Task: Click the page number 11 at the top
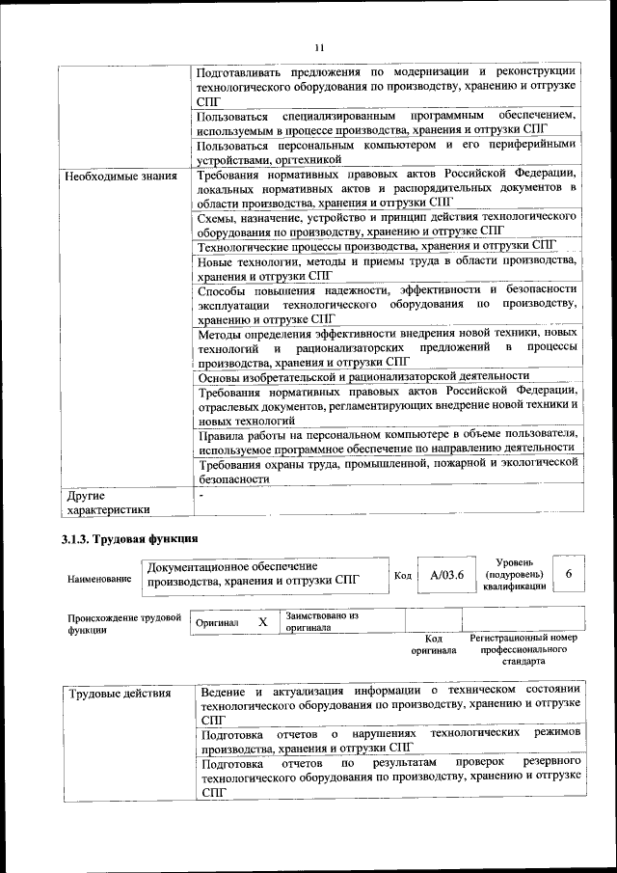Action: [319, 47]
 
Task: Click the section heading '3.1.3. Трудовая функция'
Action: [130, 538]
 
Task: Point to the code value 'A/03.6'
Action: [446, 575]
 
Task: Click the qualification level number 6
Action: [569, 574]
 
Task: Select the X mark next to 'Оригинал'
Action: [262, 622]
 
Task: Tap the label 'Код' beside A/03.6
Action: [403, 576]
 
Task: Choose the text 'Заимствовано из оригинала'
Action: [322, 620]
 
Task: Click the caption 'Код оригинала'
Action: [434, 644]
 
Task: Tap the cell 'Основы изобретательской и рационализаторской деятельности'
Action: [363, 376]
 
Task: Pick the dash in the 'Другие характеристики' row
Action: [201, 496]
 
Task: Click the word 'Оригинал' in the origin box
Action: [217, 623]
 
